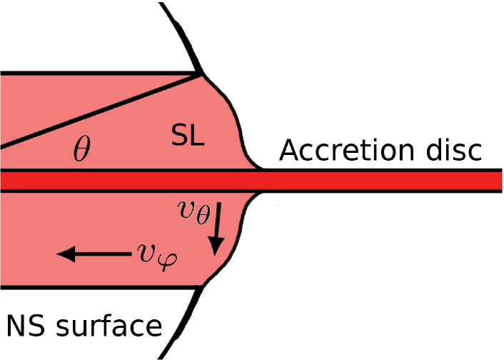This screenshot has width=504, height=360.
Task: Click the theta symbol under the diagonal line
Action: (82, 150)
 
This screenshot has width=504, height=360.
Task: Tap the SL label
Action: (188, 134)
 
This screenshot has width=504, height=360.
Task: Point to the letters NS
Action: (28, 326)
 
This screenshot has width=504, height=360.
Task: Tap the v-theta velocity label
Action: (193, 212)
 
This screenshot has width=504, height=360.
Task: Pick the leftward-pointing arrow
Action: (93, 253)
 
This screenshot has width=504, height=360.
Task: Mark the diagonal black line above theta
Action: (100, 111)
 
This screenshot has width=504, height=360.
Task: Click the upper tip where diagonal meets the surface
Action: (199, 72)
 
